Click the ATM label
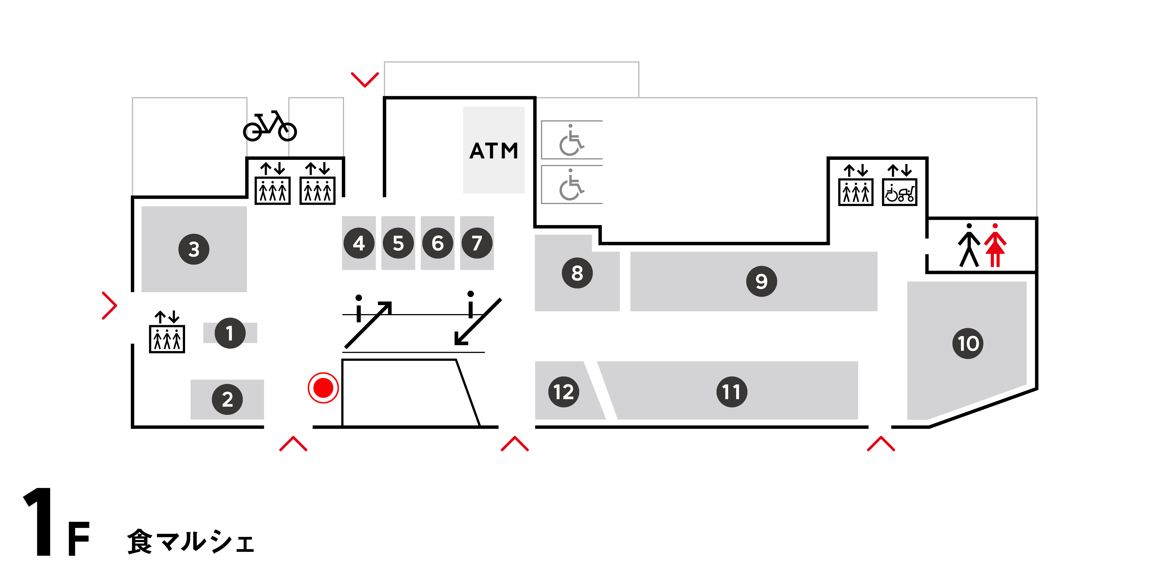coord(494,151)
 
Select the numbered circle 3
coord(194,249)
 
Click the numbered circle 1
coord(230,333)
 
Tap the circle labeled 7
coord(477,243)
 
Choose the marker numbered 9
coord(761,281)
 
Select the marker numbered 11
coord(731,392)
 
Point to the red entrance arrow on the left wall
coord(109,306)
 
